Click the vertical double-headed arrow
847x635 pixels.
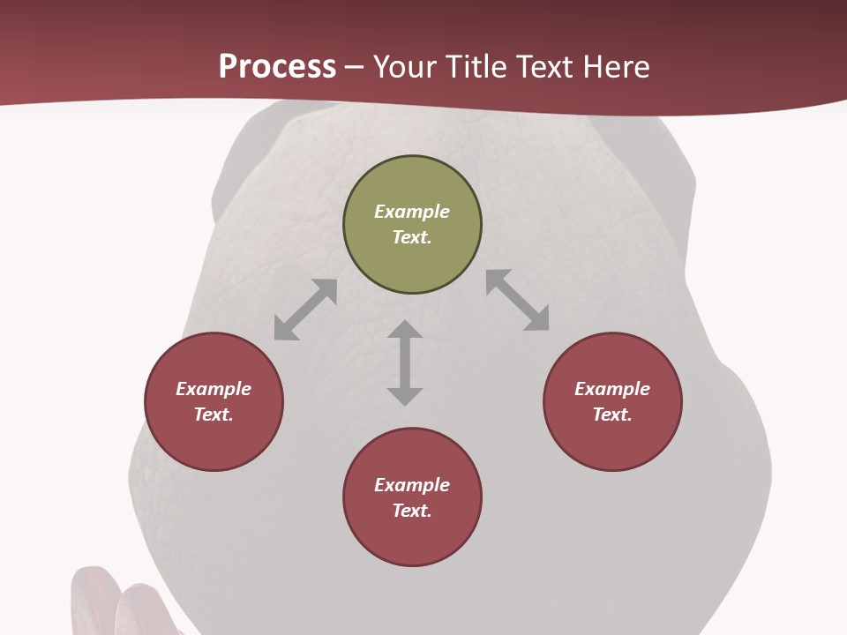pos(405,362)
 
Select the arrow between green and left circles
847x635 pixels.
pos(305,310)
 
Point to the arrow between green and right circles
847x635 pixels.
pos(518,300)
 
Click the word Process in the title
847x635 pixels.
pos(277,66)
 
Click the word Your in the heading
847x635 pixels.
pos(402,66)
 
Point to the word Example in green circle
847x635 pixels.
pos(412,212)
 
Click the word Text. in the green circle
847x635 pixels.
pos(412,237)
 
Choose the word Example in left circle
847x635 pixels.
pos(214,389)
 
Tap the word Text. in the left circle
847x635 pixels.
pos(214,415)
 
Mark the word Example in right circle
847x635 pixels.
pos(612,389)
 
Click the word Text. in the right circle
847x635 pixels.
pos(612,415)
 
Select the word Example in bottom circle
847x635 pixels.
pos(412,485)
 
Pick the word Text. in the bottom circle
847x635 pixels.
pos(412,511)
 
